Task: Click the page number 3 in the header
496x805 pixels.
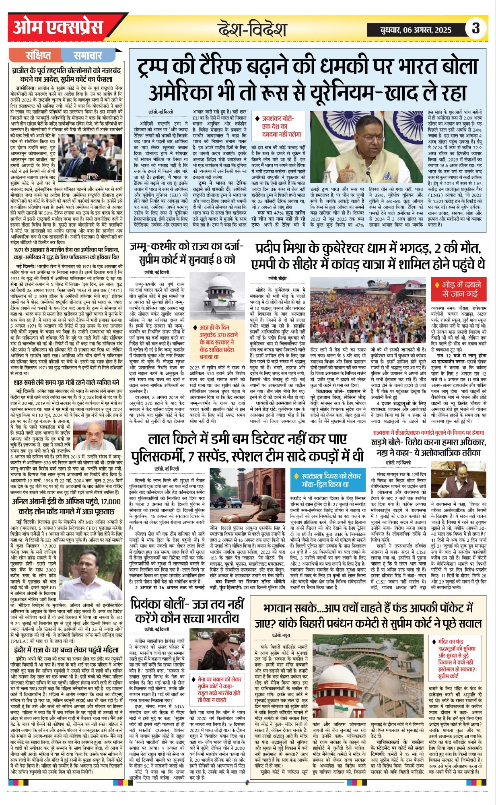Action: coord(476,28)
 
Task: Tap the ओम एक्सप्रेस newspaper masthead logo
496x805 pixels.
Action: coord(58,28)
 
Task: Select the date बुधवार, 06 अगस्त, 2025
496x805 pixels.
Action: coord(416,29)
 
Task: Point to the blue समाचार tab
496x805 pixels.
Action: coord(88,55)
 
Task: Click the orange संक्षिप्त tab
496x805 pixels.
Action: coord(38,55)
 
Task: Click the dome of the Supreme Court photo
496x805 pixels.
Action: coord(220,285)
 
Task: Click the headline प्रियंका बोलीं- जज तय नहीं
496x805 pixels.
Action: coord(187,611)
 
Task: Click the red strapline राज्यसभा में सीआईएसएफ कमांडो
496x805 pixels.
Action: coord(428,433)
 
